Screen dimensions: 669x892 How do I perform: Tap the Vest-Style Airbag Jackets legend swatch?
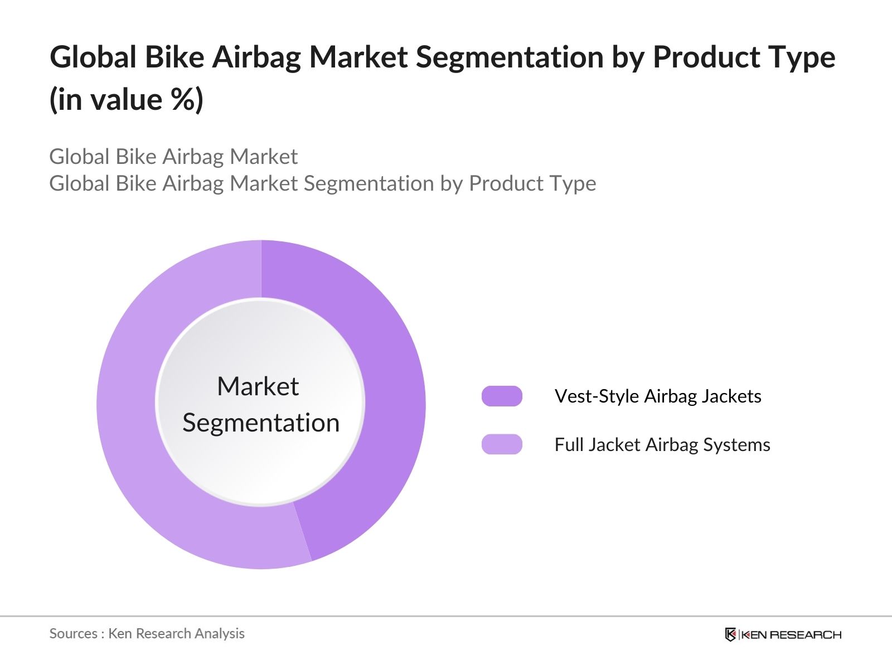pyautogui.click(x=502, y=396)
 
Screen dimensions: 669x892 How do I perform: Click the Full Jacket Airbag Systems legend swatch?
pyautogui.click(x=502, y=444)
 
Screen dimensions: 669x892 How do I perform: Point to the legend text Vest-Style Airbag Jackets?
pyautogui.click(x=658, y=396)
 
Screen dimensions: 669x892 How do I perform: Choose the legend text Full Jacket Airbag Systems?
pyautogui.click(x=662, y=445)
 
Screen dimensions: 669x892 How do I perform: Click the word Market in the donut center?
pyautogui.click(x=258, y=386)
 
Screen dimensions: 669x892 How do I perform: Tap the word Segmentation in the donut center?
pyautogui.click(x=261, y=423)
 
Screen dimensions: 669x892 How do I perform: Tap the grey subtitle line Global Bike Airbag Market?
pyautogui.click(x=173, y=157)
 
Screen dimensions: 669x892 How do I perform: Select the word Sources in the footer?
pyautogui.click(x=73, y=633)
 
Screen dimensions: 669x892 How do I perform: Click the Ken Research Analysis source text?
pyautogui.click(x=176, y=633)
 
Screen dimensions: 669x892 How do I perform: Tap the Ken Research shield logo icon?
pyautogui.click(x=730, y=634)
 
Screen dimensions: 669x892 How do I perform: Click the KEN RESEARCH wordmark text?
pyautogui.click(x=791, y=634)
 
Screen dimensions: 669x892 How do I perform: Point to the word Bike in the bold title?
pyautogui.click(x=174, y=57)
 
